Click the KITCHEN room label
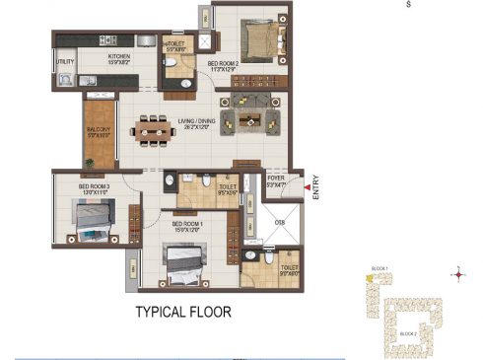point(119,57)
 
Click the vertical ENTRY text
point(316,188)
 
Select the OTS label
point(279,222)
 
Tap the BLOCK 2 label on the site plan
point(407,334)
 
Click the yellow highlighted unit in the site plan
point(369,279)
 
